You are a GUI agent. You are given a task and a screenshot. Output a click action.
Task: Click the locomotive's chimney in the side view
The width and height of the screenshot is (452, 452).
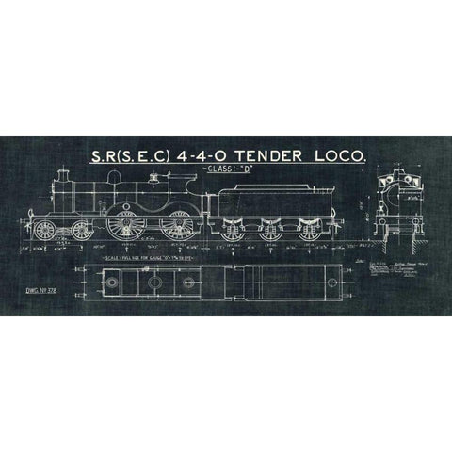[x=62, y=181]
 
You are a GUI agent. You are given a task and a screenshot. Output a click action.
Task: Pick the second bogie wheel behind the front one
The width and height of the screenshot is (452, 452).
[x=73, y=230]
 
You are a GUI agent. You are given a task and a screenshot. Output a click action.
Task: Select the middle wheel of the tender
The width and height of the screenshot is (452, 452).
[x=269, y=229]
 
